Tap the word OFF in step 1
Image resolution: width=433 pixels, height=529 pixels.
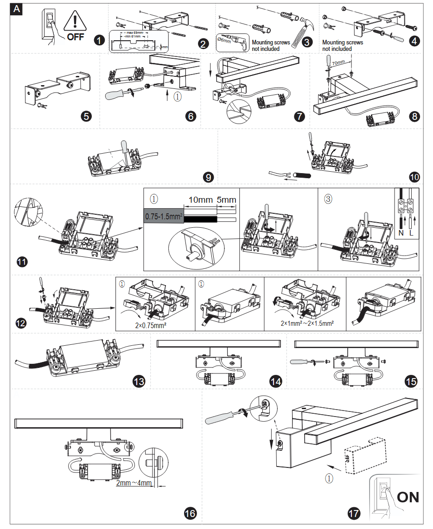pyautogui.click(x=76, y=37)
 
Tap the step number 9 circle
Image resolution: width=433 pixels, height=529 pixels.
pyautogui.click(x=208, y=177)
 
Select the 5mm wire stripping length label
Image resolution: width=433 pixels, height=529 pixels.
pyautogui.click(x=227, y=200)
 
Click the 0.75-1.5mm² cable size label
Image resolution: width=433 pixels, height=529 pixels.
pyautogui.click(x=163, y=216)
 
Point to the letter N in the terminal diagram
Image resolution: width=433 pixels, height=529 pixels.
pyautogui.click(x=401, y=234)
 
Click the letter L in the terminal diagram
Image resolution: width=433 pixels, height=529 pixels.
pyautogui.click(x=411, y=234)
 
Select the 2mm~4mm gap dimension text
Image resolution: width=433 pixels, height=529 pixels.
pyautogui.click(x=134, y=484)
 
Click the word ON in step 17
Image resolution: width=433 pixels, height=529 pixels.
pyautogui.click(x=408, y=498)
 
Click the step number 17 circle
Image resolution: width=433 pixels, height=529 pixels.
pyautogui.click(x=353, y=513)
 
